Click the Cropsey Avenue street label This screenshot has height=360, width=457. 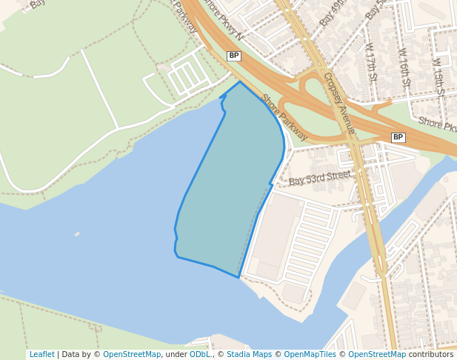pyautogui.click(x=339, y=103)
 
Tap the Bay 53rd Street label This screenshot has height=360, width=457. pyautogui.click(x=319, y=178)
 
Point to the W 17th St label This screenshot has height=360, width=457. pyautogui.click(x=371, y=61)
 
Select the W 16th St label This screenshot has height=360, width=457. pyautogui.click(x=404, y=67)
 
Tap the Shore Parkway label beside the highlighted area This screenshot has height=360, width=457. pyautogui.click(x=284, y=117)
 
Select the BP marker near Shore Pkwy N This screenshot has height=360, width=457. pyautogui.click(x=234, y=56)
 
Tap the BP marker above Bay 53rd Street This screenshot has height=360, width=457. pyautogui.click(x=398, y=137)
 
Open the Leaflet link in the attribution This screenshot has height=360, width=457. pyautogui.click(x=41, y=354)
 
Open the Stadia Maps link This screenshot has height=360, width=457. pyautogui.click(x=249, y=354)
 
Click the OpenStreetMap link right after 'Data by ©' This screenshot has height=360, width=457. pyautogui.click(x=132, y=354)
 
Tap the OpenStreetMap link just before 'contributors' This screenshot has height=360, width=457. pyautogui.click(x=377, y=354)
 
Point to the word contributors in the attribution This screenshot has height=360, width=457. pyautogui.click(x=431, y=354)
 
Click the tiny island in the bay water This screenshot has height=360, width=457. pyautogui.click(x=77, y=234)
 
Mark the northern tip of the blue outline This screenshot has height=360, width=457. pyautogui.click(x=240, y=82)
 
